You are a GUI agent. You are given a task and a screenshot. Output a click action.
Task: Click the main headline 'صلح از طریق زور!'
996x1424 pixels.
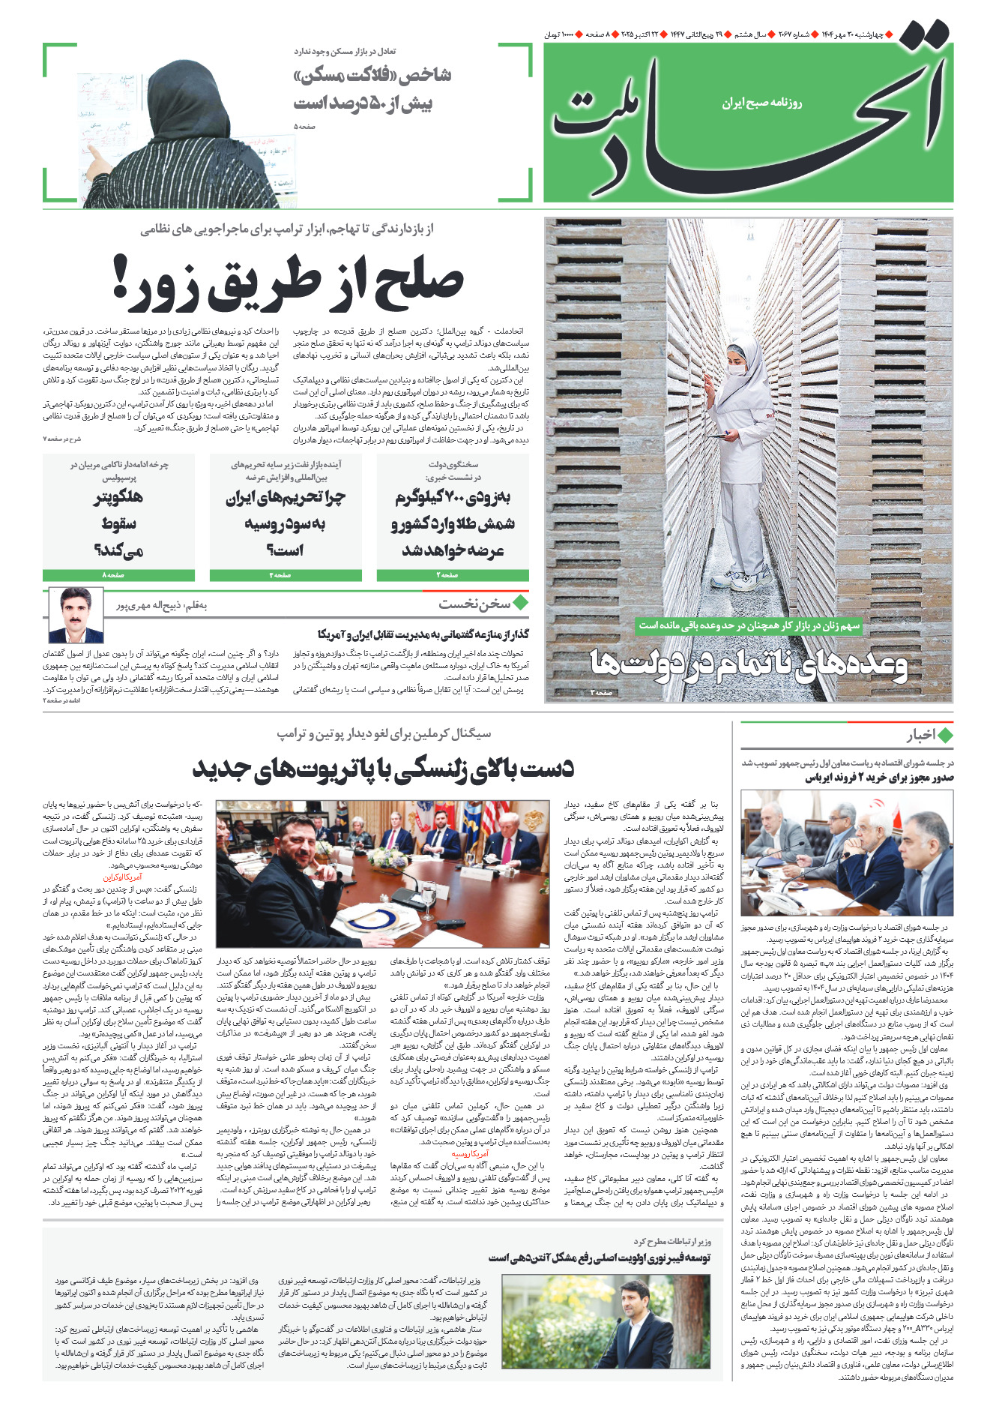click(289, 283)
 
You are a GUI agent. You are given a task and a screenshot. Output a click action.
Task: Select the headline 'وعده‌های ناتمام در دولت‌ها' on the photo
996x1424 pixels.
click(748, 664)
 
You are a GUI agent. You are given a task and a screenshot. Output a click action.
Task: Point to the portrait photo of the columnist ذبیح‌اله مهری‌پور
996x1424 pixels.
click(76, 615)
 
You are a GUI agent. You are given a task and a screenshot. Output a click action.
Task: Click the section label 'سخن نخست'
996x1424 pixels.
click(475, 604)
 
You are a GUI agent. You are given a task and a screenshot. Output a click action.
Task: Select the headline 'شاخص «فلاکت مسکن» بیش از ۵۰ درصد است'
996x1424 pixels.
click(372, 89)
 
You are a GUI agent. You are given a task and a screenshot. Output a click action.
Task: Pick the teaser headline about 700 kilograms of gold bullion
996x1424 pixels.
click(453, 524)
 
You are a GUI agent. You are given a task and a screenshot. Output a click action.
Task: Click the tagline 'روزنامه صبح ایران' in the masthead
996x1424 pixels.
click(761, 103)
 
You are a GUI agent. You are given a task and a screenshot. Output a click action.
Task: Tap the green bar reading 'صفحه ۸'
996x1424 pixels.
click(118, 575)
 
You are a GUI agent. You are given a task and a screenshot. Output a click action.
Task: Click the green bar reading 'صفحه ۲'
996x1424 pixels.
click(453, 575)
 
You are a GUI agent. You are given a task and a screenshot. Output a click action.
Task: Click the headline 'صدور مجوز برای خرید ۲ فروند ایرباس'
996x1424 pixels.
click(879, 778)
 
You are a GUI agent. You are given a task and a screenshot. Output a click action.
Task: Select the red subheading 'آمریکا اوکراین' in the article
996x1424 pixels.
click(122, 877)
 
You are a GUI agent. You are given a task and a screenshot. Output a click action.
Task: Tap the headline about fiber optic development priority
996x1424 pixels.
click(599, 1258)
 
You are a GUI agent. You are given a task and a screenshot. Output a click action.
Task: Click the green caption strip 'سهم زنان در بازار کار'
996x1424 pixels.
click(749, 625)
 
